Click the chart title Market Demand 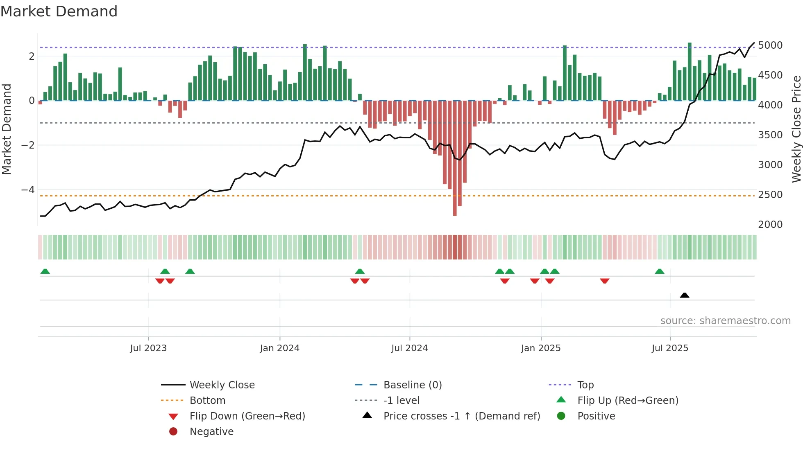tap(59, 11)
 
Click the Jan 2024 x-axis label tap(279, 348)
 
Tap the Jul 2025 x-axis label tap(670, 348)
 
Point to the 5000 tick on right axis tap(770, 45)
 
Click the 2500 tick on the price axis tap(770, 194)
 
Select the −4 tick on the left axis tap(28, 189)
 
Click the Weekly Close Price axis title tap(796, 129)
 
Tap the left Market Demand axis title tap(7, 129)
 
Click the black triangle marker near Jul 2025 tap(684, 295)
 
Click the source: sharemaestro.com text tap(725, 320)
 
